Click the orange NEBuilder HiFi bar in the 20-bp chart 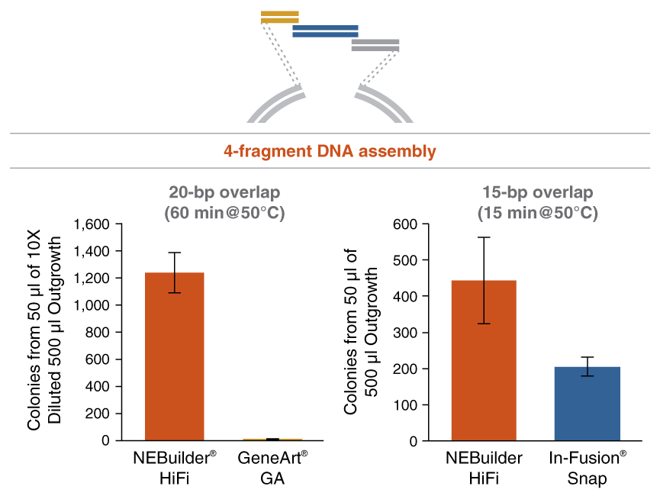[174, 356]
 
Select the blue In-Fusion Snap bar [577, 404]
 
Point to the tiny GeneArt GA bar [273, 440]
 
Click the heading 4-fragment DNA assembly [330, 152]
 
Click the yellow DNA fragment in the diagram [279, 17]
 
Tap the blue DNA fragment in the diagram [325, 31]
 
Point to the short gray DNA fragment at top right [375, 46]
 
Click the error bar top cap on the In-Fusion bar [577, 357]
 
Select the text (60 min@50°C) [224, 213]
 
